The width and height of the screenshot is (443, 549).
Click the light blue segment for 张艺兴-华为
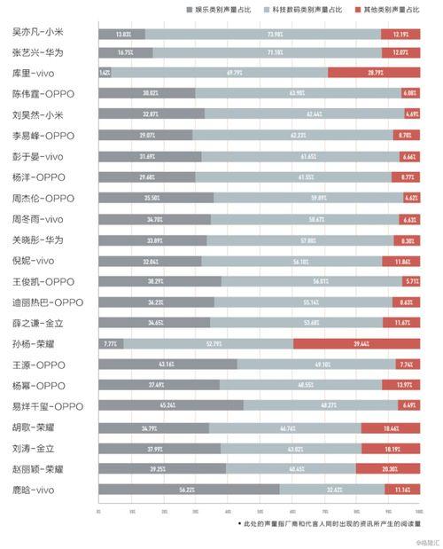[266, 52]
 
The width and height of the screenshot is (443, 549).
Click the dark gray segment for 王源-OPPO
[167, 365]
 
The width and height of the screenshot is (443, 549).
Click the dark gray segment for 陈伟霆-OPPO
[146, 94]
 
